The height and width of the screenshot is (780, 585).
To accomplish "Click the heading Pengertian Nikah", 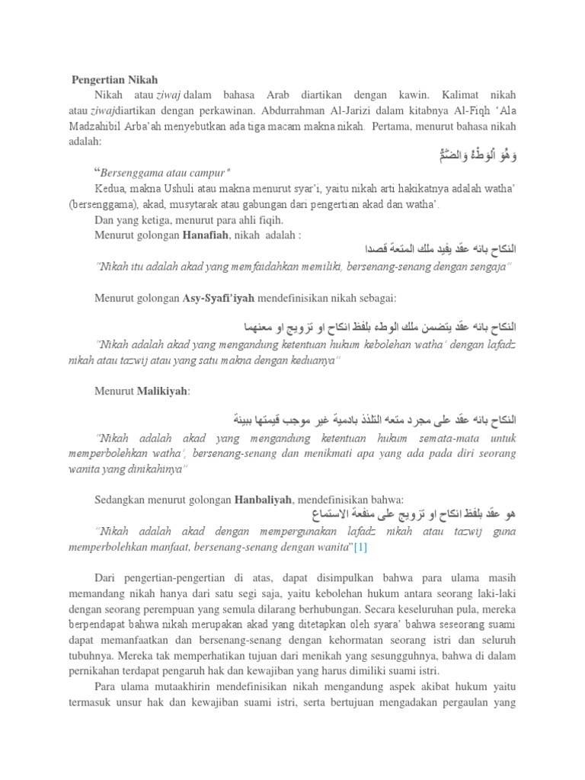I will click(x=115, y=79).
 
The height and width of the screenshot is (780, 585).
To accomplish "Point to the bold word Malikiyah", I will click(x=161, y=391).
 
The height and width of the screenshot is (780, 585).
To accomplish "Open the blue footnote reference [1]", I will click(x=360, y=547).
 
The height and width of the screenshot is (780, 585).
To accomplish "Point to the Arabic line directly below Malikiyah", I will click(x=374, y=420).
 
